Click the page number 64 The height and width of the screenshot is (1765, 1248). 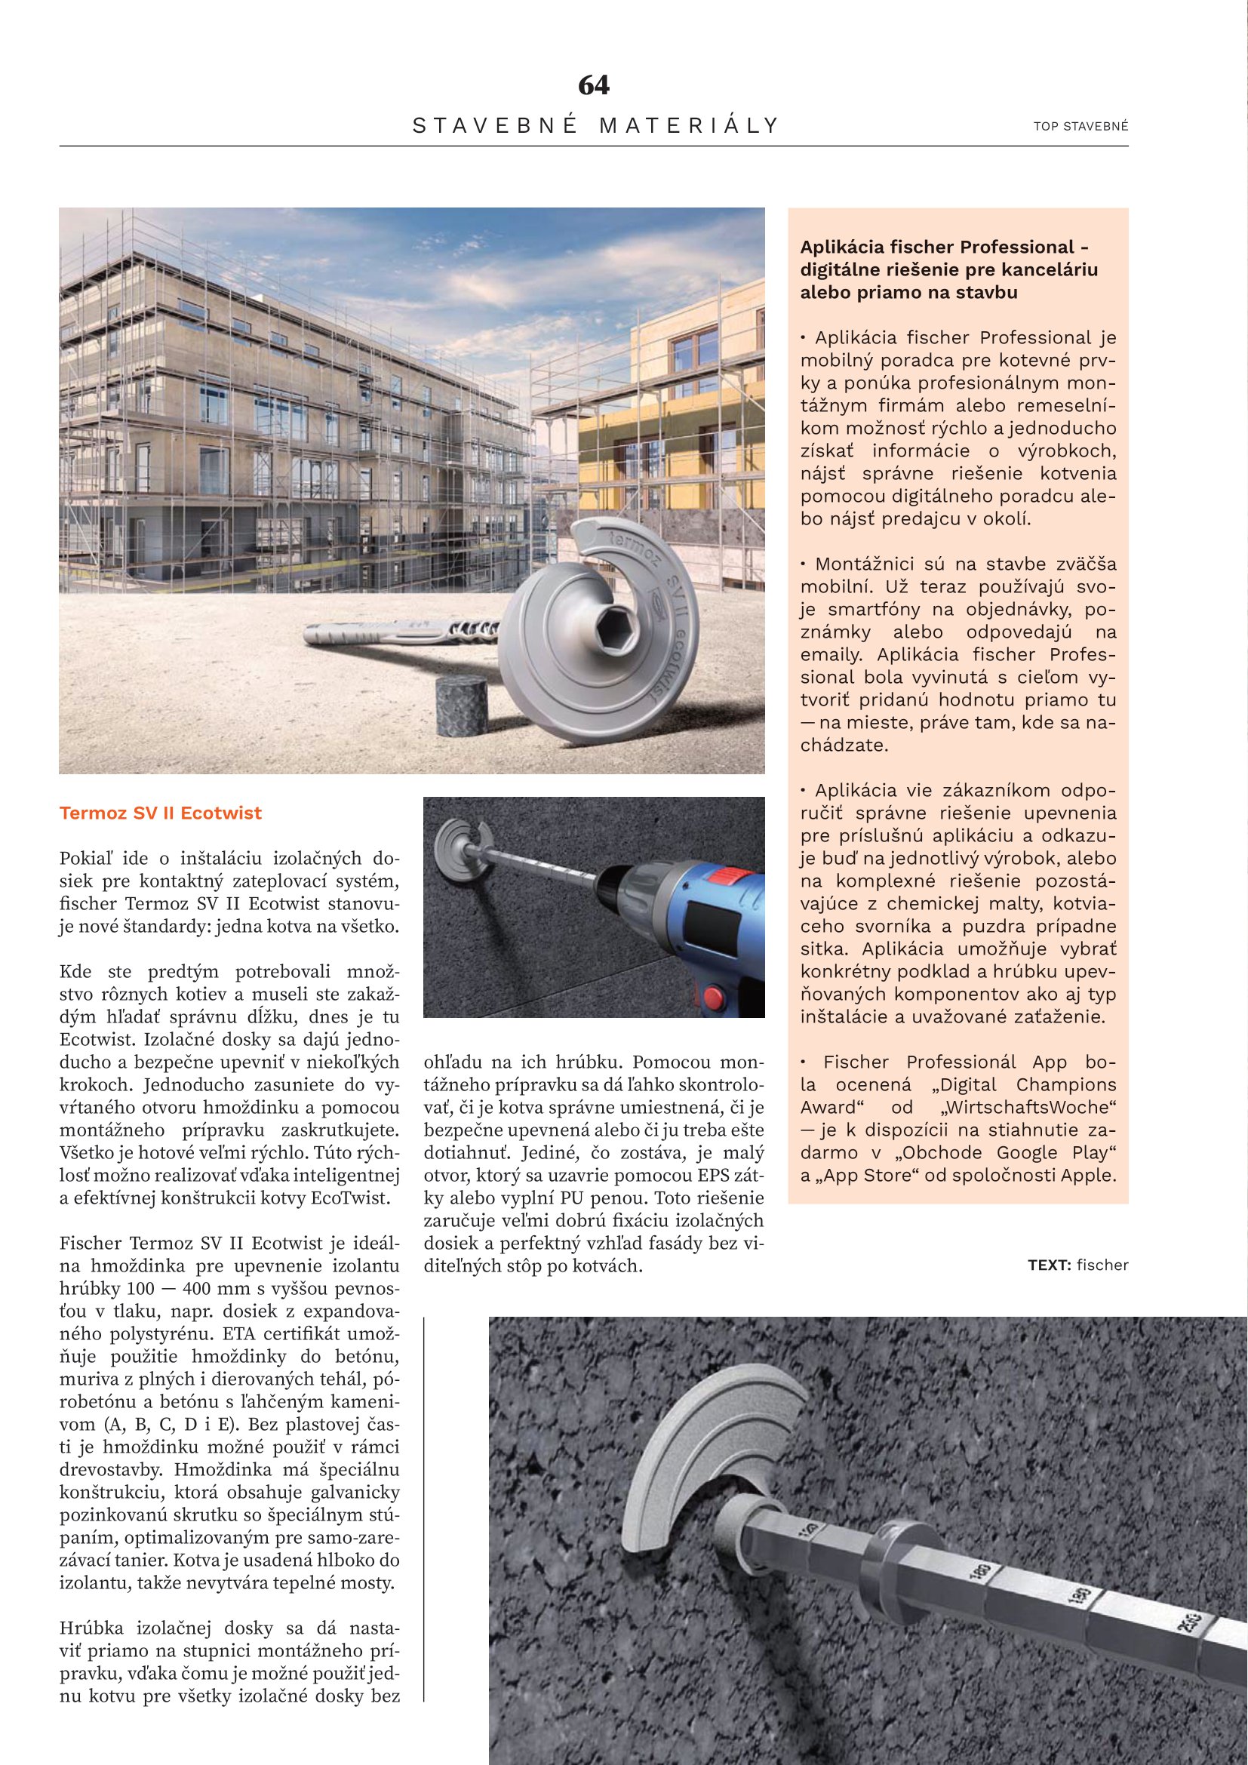(593, 85)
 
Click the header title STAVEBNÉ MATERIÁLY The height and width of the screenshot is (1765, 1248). (595, 125)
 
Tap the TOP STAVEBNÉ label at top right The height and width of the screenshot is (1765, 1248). (1080, 126)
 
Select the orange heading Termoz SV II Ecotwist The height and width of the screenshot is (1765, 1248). (161, 813)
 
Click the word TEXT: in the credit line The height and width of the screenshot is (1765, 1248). (1049, 1265)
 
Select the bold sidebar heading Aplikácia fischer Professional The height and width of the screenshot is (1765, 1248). (944, 248)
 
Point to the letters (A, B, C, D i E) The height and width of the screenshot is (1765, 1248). (171, 1424)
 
